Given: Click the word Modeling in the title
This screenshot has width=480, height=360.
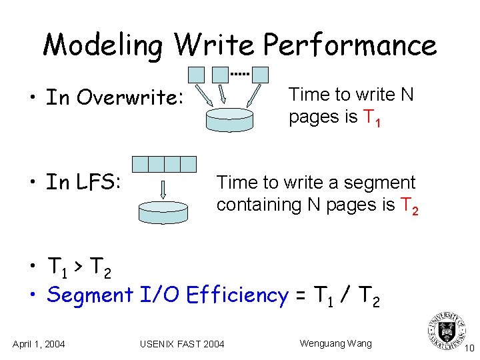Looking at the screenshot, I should [103, 46].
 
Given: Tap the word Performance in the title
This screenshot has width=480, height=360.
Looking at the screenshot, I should [349, 46].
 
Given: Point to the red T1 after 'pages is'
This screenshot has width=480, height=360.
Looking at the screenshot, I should [372, 119].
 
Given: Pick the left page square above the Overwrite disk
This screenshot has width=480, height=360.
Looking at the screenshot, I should [197, 75].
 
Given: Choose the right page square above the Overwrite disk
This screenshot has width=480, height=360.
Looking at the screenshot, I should [259, 75].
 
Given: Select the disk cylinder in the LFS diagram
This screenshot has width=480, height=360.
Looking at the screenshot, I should [163, 211].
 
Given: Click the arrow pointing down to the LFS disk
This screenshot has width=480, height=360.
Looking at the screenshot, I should [164, 189].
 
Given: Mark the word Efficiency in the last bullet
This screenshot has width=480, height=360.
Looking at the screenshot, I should [238, 295].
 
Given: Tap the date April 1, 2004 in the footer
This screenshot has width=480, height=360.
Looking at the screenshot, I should [39, 344].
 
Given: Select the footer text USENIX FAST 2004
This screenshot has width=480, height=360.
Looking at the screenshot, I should [182, 344].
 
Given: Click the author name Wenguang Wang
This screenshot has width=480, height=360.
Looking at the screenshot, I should [335, 343].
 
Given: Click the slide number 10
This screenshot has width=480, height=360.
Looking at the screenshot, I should [469, 348].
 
